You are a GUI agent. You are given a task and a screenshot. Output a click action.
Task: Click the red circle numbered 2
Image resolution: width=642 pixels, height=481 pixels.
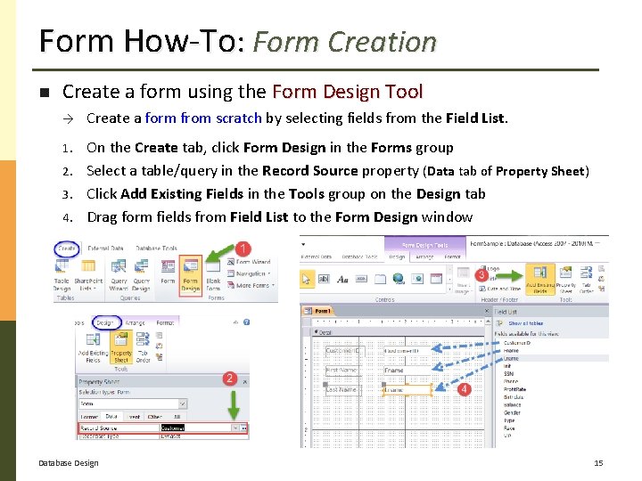(x=229, y=379)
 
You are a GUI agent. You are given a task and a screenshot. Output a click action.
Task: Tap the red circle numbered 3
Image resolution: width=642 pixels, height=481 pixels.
(x=481, y=276)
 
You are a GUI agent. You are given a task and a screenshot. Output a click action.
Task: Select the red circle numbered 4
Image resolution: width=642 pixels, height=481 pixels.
(x=464, y=389)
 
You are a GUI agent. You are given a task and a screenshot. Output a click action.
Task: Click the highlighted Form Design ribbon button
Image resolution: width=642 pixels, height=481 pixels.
(x=191, y=274)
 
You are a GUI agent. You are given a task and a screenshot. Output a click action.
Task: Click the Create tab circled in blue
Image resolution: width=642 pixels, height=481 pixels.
(x=66, y=249)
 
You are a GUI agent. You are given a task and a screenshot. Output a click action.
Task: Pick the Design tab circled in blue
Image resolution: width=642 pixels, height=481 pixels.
(x=105, y=323)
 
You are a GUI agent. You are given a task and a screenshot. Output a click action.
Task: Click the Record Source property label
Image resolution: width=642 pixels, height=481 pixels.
(x=98, y=428)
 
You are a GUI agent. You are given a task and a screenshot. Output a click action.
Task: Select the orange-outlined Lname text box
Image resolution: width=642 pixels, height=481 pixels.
(x=407, y=389)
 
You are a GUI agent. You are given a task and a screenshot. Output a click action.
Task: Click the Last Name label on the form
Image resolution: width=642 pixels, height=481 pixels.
(x=342, y=389)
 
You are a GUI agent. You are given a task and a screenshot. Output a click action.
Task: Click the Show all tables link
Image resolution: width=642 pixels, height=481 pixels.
(x=525, y=323)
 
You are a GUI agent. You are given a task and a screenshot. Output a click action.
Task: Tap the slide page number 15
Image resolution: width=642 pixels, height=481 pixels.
(x=598, y=463)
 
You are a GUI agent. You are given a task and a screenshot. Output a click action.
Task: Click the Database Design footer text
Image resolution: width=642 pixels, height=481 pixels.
(x=69, y=463)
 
